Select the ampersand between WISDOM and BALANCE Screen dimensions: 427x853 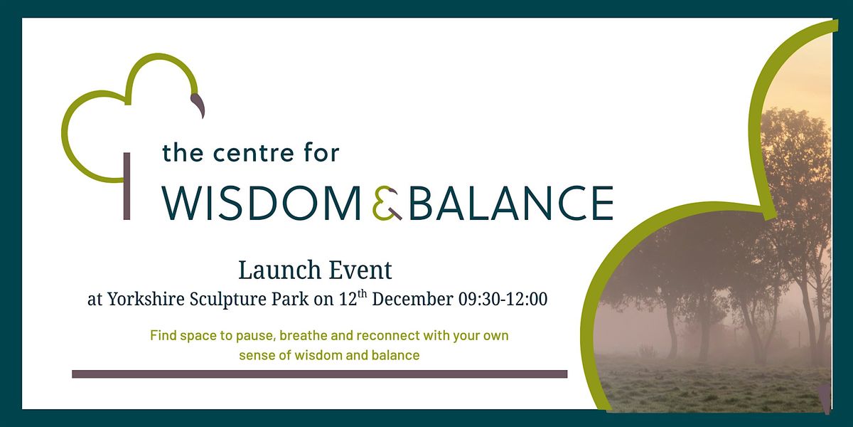click(x=387, y=204)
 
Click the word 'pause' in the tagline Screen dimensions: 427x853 click(x=247, y=335)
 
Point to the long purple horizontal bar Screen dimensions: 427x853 click(x=319, y=374)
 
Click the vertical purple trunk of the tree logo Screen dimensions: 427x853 click(x=127, y=186)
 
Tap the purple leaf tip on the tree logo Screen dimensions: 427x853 click(x=199, y=105)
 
